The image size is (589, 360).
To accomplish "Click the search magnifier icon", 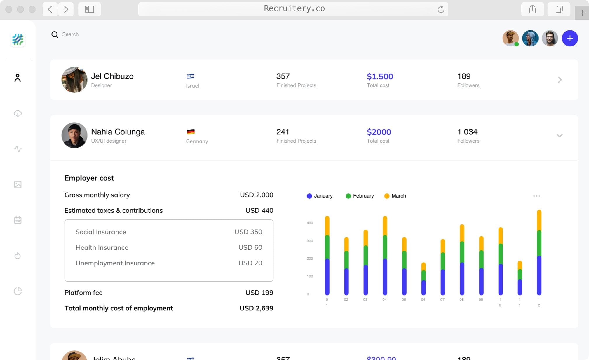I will click(x=55, y=34).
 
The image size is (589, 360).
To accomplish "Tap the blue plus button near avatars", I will click(x=569, y=38).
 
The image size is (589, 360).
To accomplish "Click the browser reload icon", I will click(x=441, y=9).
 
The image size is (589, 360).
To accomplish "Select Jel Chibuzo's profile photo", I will click(x=74, y=80).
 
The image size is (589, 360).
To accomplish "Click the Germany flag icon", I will click(x=191, y=132).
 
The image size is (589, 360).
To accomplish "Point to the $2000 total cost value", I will click(x=379, y=132).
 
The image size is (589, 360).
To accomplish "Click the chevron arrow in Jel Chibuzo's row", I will click(x=560, y=80).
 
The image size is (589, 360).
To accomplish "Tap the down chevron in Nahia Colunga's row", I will click(x=559, y=135).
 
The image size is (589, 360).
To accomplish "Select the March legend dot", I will click(x=387, y=196).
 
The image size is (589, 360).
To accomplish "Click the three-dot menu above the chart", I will click(x=536, y=196).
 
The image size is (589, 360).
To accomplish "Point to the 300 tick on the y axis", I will click(x=310, y=241).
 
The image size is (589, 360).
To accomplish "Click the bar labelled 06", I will click(x=423, y=279).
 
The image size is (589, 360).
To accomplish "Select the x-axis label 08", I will click(x=461, y=300).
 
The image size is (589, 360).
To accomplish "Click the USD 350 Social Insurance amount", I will click(x=248, y=232).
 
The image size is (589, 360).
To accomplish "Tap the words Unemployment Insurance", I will click(x=115, y=263).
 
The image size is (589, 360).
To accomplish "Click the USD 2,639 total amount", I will click(x=256, y=308).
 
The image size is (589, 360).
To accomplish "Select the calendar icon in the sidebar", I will click(x=18, y=220).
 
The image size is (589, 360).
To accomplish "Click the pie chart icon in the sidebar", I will click(x=18, y=291).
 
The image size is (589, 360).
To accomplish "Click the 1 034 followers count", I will click(x=467, y=132).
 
